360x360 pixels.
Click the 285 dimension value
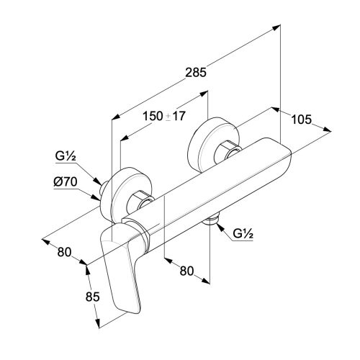196,73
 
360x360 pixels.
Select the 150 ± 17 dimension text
164,116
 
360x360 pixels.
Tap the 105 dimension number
302,120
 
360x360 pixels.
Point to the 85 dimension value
92,297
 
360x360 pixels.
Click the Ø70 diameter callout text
66,182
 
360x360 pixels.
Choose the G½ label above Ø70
66,156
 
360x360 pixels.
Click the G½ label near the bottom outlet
243,233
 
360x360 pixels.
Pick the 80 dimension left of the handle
64,252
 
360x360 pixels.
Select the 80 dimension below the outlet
186,271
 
